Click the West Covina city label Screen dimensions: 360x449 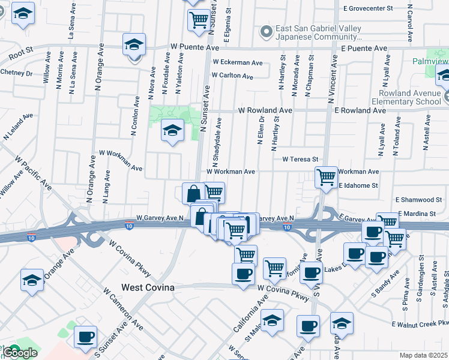pyautogui.click(x=148, y=288)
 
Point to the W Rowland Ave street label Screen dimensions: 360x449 pyautogui.click(x=265, y=110)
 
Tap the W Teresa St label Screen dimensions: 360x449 pyautogui.click(x=300, y=159)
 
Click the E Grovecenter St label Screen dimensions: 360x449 pyautogui.click(x=367, y=9)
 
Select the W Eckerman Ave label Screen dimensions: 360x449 pyautogui.click(x=237, y=62)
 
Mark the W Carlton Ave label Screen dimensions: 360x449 pyautogui.click(x=232, y=76)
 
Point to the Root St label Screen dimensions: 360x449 pyautogui.click(x=20, y=55)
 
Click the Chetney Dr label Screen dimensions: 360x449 pyautogui.click(x=16, y=73)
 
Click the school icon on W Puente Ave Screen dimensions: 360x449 pyautogui.click(x=134, y=44)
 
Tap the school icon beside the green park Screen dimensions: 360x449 pyautogui.click(x=172, y=130)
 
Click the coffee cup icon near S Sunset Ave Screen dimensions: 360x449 pyautogui.click(x=85, y=337)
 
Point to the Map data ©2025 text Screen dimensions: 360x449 pyautogui.click(x=424, y=355)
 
